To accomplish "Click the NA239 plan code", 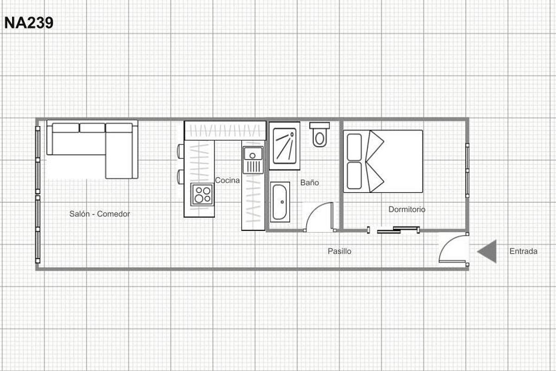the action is point(29,23).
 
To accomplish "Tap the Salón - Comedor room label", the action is point(100,214).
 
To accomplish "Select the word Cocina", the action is point(227,180).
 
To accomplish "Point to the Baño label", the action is point(310,183).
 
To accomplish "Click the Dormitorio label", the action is point(407,210).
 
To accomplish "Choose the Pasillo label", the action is point(339,251).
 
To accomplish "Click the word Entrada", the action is point(523,251).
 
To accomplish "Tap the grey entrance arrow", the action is point(487,251).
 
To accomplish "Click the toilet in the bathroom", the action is point(319,134).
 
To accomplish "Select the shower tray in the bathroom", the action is point(284,146).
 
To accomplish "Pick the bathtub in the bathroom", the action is point(280,202).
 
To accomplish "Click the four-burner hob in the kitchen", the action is point(202,195).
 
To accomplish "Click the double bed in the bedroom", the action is point(383,161).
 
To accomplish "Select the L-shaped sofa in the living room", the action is point(92,149).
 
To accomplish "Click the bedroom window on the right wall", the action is point(467,170).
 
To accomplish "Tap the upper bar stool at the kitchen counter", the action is point(180,151).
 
